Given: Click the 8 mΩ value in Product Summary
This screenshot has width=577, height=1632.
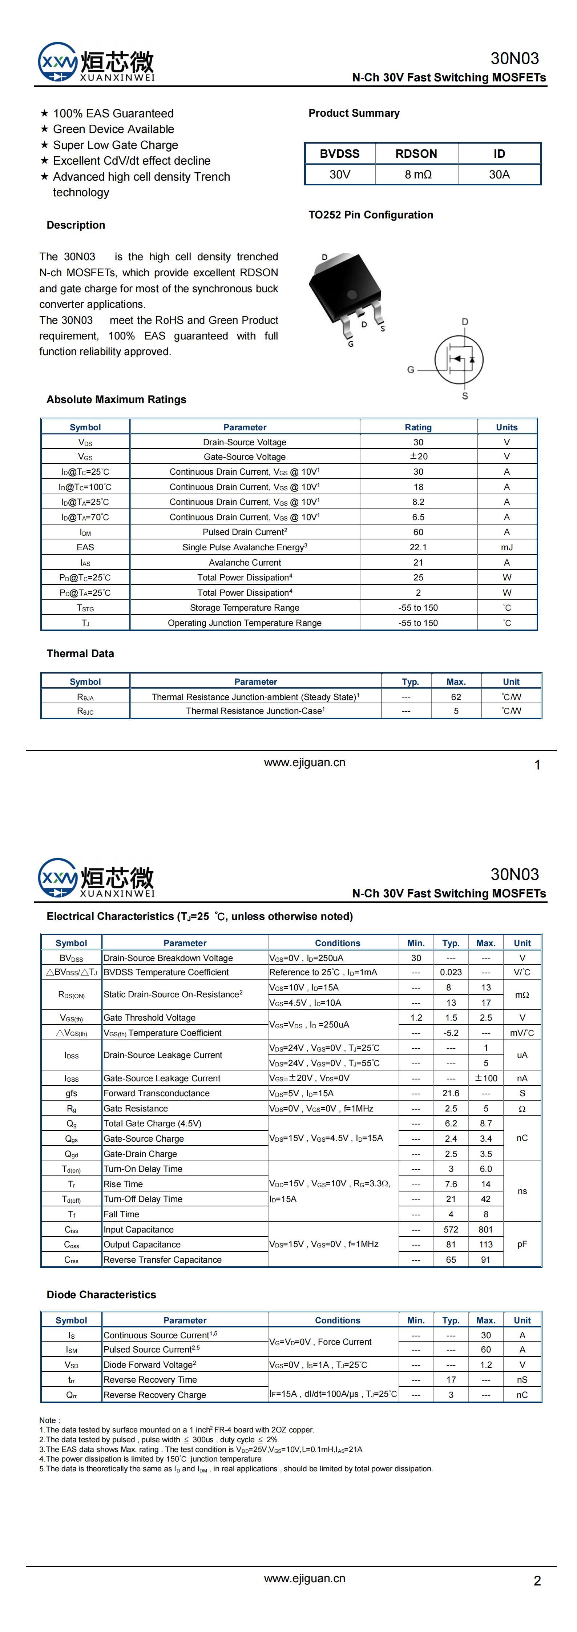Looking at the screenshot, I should point(417,174).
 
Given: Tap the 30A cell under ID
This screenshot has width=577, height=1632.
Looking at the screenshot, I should point(499,174).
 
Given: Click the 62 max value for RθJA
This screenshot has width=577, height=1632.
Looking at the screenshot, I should point(456,697).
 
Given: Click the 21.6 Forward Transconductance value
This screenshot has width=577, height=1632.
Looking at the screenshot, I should point(451,1093).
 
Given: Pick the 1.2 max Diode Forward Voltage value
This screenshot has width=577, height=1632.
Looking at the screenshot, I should point(486,1364).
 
